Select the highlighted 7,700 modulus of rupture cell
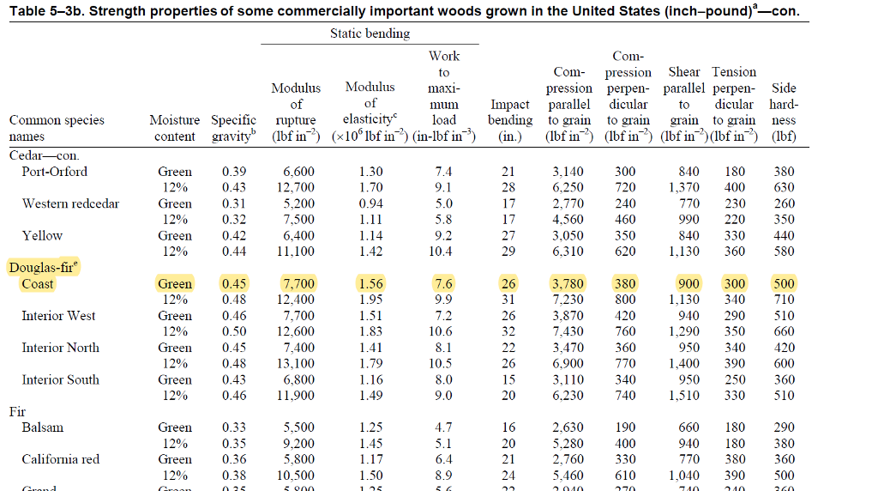[298, 284]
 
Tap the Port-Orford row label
[54, 172]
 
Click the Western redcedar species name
[70, 203]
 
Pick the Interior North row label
[60, 348]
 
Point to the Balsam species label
[43, 427]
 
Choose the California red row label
[60, 459]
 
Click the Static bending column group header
[370, 33]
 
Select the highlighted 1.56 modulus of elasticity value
[370, 284]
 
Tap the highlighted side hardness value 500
[784, 284]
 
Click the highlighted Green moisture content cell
[175, 284]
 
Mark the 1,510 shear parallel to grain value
[683, 396]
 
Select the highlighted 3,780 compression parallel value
[569, 284]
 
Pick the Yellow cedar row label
[42, 235]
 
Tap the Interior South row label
[60, 379]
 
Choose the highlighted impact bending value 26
[508, 284]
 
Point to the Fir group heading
[17, 411]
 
